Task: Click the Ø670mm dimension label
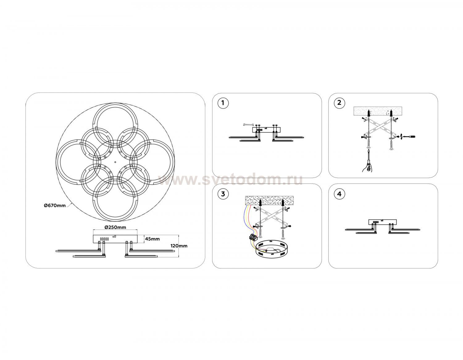[55, 205]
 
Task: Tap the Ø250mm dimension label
[115, 227]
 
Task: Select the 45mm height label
[152, 239]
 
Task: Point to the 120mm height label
[179, 246]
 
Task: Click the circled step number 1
[223, 103]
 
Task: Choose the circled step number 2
[339, 103]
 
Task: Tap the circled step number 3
[223, 194]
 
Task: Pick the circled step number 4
[339, 194]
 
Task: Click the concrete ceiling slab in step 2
[378, 111]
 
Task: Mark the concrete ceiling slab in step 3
[269, 201]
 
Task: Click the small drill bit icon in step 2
[408, 136]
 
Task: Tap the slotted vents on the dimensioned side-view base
[104, 239]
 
